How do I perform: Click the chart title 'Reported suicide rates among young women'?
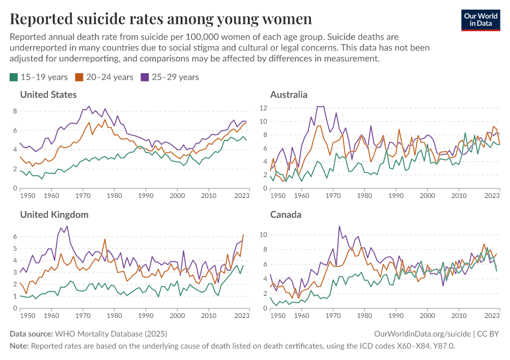click(161, 19)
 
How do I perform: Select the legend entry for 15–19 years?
click(39, 77)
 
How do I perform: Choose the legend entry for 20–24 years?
click(104, 77)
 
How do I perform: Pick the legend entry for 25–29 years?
click(169, 77)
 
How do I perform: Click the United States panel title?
click(48, 95)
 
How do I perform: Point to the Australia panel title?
click(289, 95)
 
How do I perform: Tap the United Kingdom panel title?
click(54, 214)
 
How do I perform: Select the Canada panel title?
click(286, 214)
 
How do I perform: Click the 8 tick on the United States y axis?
click(16, 111)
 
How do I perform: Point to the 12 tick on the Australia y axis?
click(262, 108)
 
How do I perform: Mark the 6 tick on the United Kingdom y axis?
click(16, 236)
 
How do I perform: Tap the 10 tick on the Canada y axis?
click(262, 235)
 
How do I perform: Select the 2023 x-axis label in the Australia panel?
click(491, 196)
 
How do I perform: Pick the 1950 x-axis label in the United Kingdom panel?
click(27, 316)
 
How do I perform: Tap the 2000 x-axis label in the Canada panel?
click(427, 316)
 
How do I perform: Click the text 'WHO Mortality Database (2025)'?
click(110, 334)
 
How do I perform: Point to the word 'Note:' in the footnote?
click(19, 346)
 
